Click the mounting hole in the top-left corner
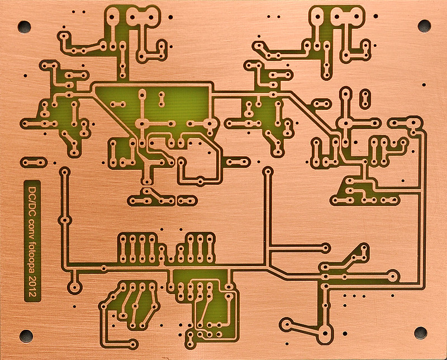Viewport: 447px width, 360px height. point(24,26)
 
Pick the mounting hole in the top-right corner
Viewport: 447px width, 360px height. point(424,26)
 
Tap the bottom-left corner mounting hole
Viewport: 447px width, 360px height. point(26,336)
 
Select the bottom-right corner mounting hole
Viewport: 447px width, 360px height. point(421,333)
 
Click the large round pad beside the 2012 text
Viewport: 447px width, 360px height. point(75,287)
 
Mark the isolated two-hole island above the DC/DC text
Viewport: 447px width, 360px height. point(34,162)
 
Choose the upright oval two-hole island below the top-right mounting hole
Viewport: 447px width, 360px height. point(365,99)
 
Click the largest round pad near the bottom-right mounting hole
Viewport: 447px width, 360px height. point(325,333)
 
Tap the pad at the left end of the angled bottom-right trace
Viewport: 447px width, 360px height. point(286,324)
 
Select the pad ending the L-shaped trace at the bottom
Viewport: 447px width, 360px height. point(132,344)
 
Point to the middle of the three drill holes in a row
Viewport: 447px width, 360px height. point(354,296)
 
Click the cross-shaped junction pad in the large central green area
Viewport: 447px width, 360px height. point(142,123)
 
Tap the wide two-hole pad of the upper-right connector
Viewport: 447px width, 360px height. point(347,17)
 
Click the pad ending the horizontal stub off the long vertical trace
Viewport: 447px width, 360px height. point(325,248)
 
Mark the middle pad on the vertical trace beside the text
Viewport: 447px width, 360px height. point(65,220)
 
